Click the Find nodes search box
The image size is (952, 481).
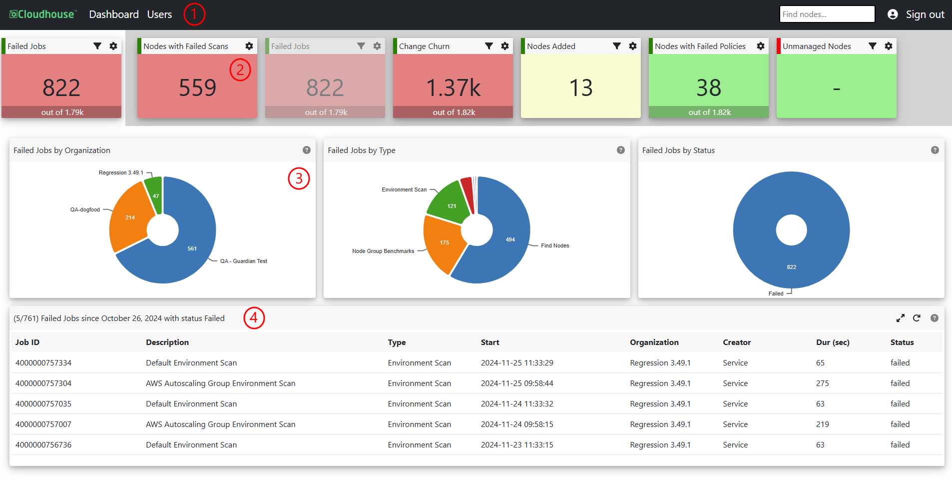pos(827,14)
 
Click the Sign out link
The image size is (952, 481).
pos(925,14)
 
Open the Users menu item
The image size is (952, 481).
pos(159,14)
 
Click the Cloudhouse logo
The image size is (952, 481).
pos(43,14)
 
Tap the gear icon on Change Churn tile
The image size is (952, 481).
pos(505,46)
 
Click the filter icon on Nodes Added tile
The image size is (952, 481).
pos(617,46)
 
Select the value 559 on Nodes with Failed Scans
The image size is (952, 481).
pos(197,88)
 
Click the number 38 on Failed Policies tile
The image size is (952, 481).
pos(709,88)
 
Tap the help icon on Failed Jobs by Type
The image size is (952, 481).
pos(621,150)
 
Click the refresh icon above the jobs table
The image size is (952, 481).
pos(917,318)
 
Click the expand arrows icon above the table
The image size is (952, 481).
pos(901,318)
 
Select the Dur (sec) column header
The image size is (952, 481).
pos(833,342)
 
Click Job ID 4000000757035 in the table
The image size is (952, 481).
pos(43,404)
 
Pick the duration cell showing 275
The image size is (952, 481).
pos(822,383)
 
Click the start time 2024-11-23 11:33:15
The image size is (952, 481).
pos(517,445)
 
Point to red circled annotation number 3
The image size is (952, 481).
pos(299,178)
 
